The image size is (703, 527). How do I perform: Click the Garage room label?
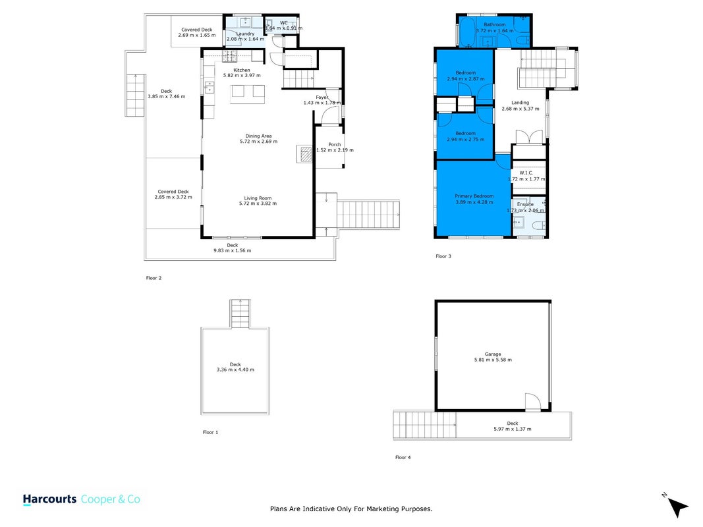pyautogui.click(x=493, y=354)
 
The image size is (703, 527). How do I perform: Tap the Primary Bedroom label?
pyautogui.click(x=474, y=196)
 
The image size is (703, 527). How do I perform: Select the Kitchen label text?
pyautogui.click(x=242, y=70)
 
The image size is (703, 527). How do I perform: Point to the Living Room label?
pyautogui.click(x=258, y=198)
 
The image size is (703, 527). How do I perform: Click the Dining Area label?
pyautogui.click(x=258, y=136)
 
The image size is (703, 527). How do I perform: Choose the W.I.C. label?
pyautogui.click(x=526, y=173)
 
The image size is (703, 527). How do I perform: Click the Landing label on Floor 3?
pyautogui.click(x=520, y=103)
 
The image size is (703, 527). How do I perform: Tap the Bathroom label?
pyautogui.click(x=495, y=24)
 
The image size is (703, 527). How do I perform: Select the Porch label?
pyautogui.click(x=335, y=144)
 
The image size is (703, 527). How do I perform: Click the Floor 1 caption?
pyautogui.click(x=210, y=432)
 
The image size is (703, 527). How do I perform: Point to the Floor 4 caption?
pyautogui.click(x=403, y=458)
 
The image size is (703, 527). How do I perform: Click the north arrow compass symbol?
pyautogui.click(x=677, y=507)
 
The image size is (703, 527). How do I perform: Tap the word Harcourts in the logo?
pyautogui.click(x=50, y=499)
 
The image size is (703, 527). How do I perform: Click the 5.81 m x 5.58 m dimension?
pyautogui.click(x=493, y=360)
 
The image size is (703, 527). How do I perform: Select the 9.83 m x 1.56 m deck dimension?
pyautogui.click(x=232, y=250)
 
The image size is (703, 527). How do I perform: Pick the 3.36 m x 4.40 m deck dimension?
pyautogui.click(x=235, y=370)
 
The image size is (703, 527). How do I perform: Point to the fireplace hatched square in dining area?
pyautogui.click(x=306, y=155)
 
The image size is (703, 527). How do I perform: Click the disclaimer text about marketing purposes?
pyautogui.click(x=351, y=509)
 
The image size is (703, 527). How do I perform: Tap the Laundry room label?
pyautogui.click(x=245, y=34)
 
